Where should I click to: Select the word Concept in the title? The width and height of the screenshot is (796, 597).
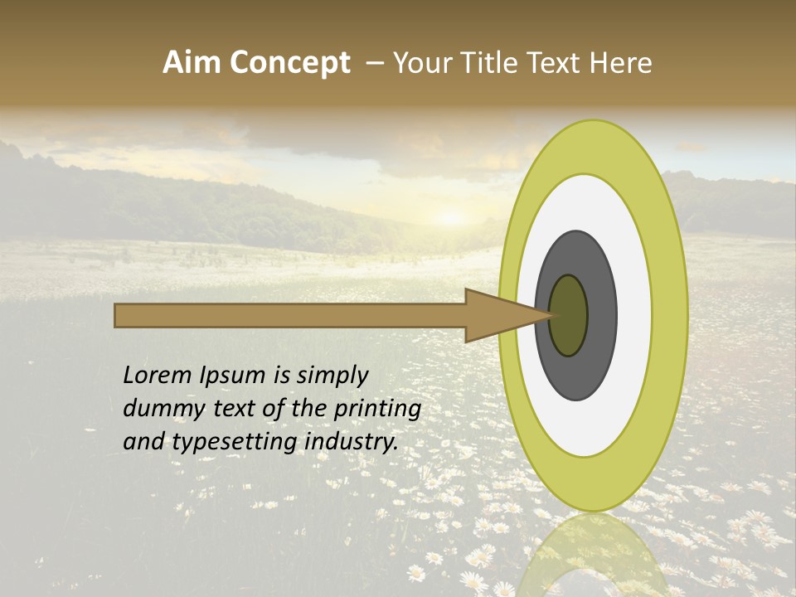point(290,63)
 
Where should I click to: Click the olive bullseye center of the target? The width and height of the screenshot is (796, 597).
point(568,316)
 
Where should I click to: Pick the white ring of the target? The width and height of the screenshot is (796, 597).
point(634,316)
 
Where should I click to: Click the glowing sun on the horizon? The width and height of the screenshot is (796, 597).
point(450,217)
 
